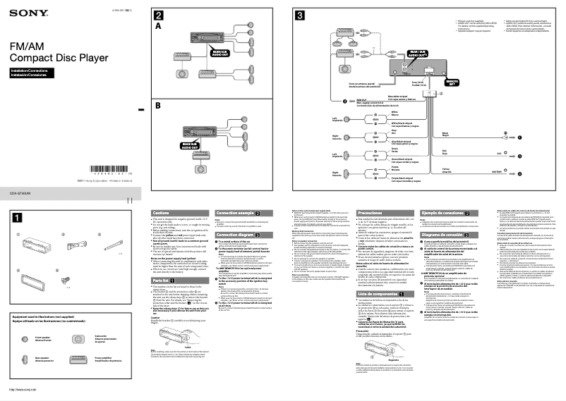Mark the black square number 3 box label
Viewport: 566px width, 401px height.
tap(300, 16)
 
